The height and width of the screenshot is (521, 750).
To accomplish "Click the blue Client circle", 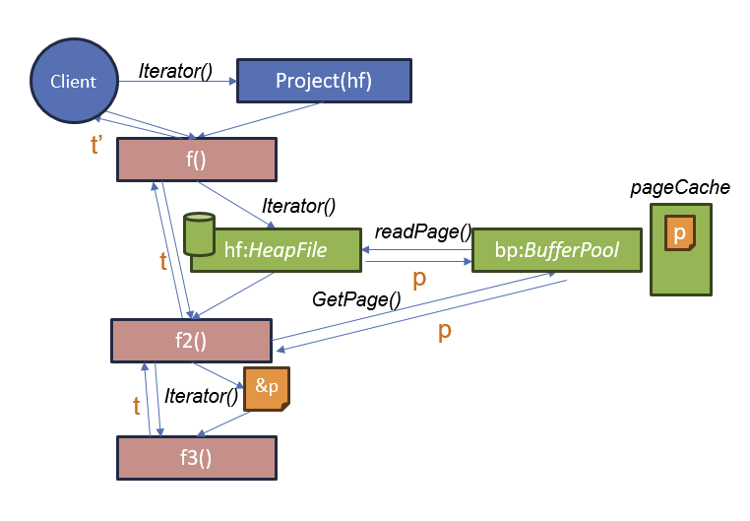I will tap(74, 81).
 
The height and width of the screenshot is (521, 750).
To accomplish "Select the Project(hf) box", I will tap(323, 81).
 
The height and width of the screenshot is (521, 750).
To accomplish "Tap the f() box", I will tap(196, 160).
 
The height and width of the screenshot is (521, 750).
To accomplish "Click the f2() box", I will tap(190, 341).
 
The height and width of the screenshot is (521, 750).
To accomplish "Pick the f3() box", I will tap(196, 458).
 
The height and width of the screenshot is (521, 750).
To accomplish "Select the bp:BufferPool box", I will tap(557, 250).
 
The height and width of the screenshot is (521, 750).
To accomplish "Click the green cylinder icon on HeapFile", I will tap(199, 233).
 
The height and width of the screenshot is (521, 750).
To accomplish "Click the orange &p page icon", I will tap(267, 387).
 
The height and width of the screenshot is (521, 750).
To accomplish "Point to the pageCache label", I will tap(680, 186).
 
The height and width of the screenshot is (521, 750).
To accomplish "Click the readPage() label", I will tap(423, 231).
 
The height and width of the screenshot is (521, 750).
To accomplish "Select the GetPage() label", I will tap(356, 298).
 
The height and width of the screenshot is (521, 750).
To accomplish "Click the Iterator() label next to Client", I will tap(176, 70).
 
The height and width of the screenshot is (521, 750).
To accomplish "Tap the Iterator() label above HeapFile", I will tap(299, 206).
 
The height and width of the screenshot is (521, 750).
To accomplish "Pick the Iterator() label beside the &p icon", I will tap(202, 396).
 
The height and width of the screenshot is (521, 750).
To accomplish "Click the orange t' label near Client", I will tap(96, 146).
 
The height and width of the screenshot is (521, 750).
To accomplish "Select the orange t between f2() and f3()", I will tap(137, 404).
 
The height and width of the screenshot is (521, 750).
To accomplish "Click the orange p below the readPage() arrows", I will tap(418, 279).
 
